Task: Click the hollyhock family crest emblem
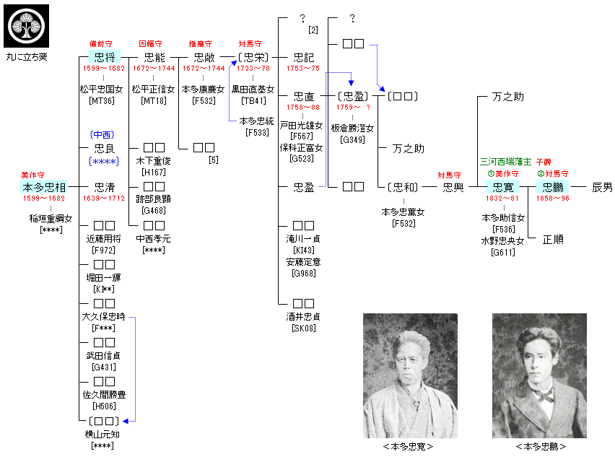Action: click(x=26, y=26)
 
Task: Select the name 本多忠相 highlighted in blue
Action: click(x=43, y=187)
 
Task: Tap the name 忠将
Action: click(x=105, y=57)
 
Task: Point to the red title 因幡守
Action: click(x=150, y=43)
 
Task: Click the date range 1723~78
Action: click(x=253, y=69)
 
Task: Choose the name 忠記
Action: click(x=304, y=57)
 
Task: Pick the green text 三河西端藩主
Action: click(x=505, y=161)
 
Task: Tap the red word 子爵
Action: click(x=544, y=162)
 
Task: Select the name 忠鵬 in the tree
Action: click(x=553, y=187)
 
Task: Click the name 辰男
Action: click(x=603, y=187)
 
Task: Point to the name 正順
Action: click(x=553, y=239)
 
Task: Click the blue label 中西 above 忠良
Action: click(x=102, y=135)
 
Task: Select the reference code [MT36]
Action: click(x=102, y=101)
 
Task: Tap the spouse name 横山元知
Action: click(x=102, y=434)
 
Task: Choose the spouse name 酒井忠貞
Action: click(x=303, y=317)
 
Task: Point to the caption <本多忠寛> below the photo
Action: click(x=409, y=446)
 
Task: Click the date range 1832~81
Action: click(x=502, y=198)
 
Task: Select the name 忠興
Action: click(x=453, y=187)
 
